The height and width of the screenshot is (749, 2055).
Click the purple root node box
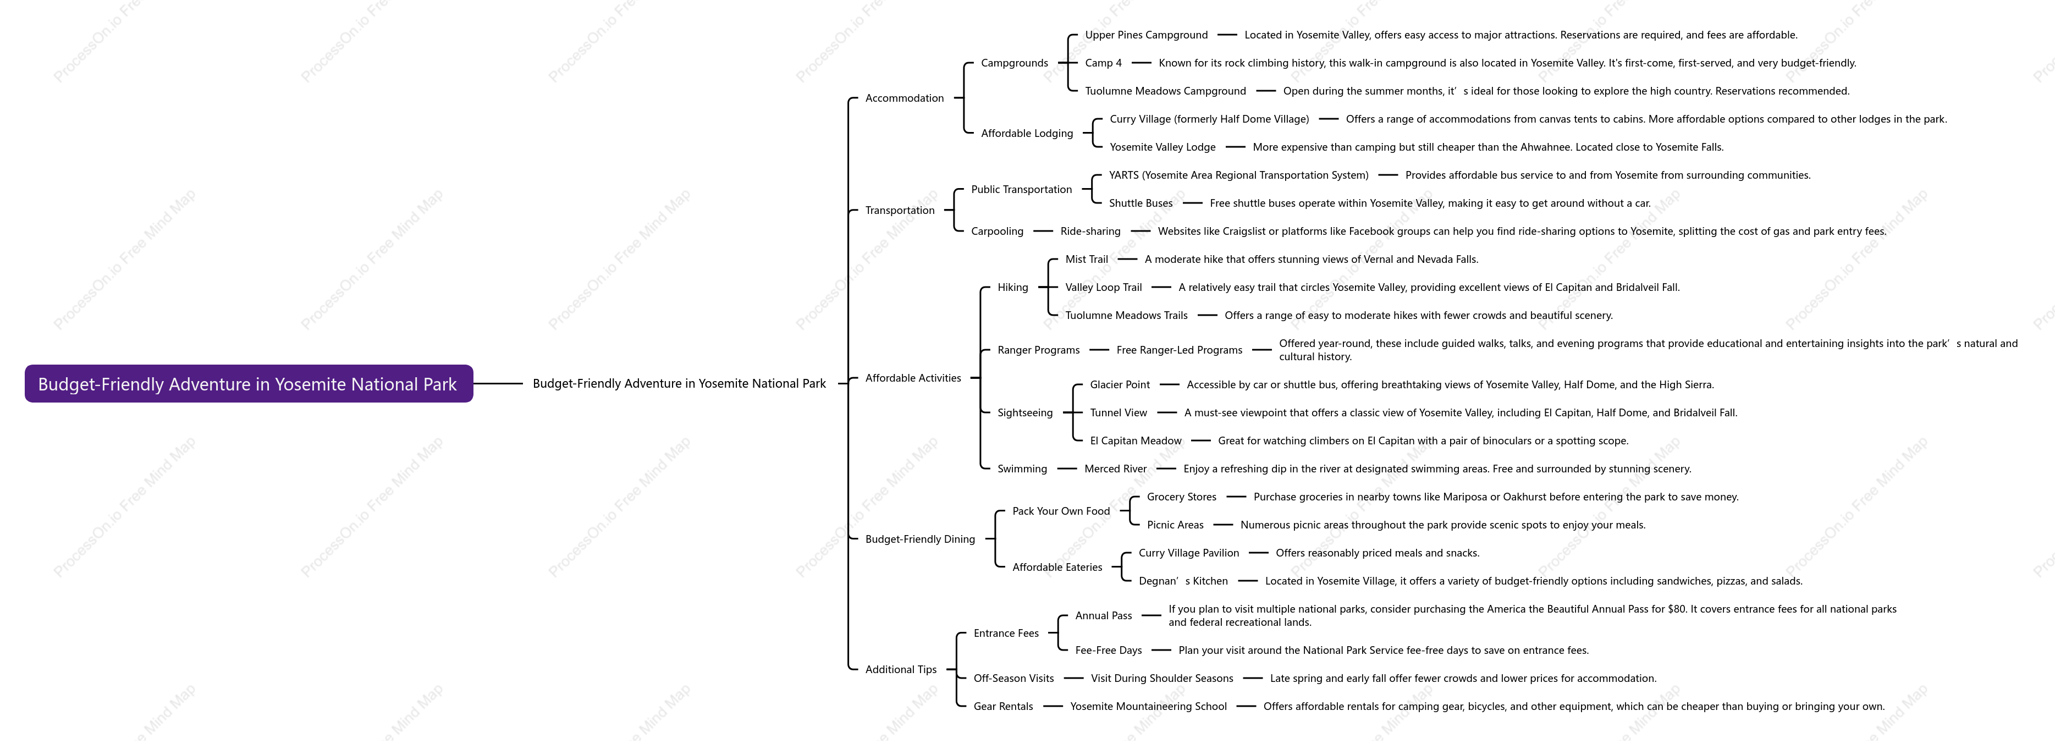coord(249,384)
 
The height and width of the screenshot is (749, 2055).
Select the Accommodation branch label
coord(905,98)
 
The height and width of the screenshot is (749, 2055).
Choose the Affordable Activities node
coord(913,378)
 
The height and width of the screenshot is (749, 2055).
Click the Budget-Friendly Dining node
coord(920,539)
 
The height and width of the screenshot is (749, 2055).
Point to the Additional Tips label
coord(901,669)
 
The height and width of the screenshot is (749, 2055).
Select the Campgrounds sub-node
coord(1015,63)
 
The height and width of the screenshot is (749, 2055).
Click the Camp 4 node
coord(1103,63)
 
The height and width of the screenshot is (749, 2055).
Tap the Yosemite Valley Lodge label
coord(1163,147)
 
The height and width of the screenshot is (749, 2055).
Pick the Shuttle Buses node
coord(1141,203)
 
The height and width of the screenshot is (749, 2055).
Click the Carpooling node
coord(997,232)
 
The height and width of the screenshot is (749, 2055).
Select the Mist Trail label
coord(1087,259)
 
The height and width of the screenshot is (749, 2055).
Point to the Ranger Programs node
coord(1039,350)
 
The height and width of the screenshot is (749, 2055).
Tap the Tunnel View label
coord(1119,412)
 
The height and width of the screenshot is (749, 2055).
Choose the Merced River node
coord(1115,469)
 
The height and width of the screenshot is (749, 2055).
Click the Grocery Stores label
coord(1181,497)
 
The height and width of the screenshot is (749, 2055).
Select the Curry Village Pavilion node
coord(1189,553)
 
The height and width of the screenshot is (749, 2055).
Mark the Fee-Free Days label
coord(1108,650)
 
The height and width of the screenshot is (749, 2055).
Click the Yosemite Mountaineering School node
coord(1148,707)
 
